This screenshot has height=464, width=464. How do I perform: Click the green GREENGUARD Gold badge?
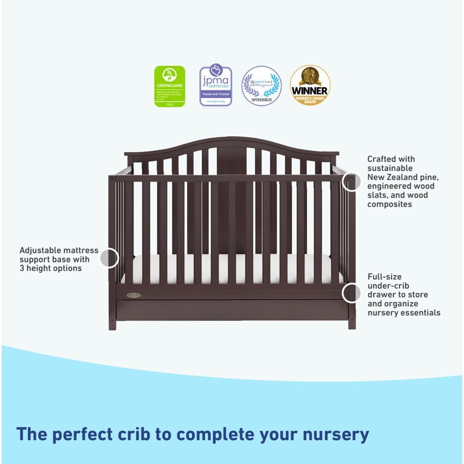[x=169, y=86]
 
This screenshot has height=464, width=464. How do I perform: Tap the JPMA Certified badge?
[x=216, y=86]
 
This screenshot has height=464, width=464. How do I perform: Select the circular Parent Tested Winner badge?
[x=262, y=86]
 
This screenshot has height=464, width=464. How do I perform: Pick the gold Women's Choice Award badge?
[x=310, y=85]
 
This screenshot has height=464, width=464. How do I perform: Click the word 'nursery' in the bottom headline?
[x=332, y=434]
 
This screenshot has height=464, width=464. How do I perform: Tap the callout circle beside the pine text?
[x=351, y=182]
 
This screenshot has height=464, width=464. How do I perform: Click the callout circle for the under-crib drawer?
[x=351, y=293]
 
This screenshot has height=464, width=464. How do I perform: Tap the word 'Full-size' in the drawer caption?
[x=385, y=277]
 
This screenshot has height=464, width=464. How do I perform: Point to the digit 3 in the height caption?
[x=22, y=269]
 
